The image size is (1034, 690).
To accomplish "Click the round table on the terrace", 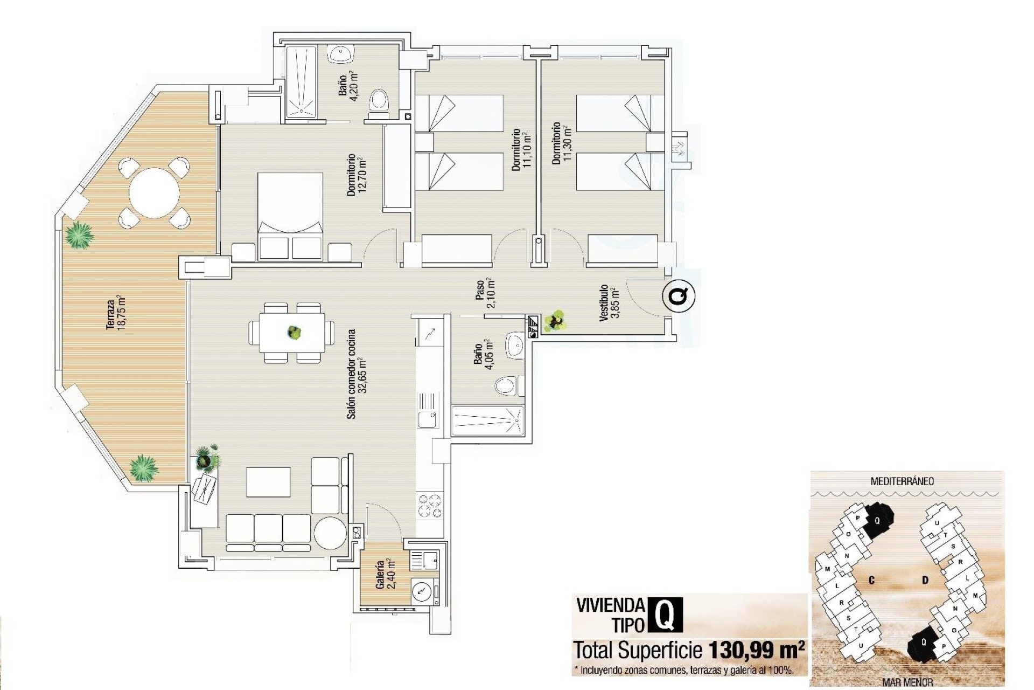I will click(x=154, y=192).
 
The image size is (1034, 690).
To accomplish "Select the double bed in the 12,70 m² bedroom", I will click(x=290, y=216).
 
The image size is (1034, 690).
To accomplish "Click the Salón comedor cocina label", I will click(x=356, y=374).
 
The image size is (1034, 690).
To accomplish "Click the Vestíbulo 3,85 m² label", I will click(x=609, y=303).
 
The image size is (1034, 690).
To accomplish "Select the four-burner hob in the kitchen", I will click(x=430, y=506).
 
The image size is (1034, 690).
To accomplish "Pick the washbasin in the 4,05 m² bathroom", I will click(x=515, y=344).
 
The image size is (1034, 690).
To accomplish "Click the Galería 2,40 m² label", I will click(x=385, y=575).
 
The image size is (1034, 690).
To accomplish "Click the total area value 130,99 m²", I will click(x=756, y=650).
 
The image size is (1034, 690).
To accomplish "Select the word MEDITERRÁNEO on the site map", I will click(x=902, y=481).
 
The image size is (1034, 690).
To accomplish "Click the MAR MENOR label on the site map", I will click(x=907, y=683).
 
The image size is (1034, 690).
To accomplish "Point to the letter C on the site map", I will click(x=871, y=581).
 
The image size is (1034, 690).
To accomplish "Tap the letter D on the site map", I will click(x=925, y=581).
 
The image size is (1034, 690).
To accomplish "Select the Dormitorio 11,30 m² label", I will click(x=560, y=143).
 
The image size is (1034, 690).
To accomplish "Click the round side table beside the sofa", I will click(x=330, y=533).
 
